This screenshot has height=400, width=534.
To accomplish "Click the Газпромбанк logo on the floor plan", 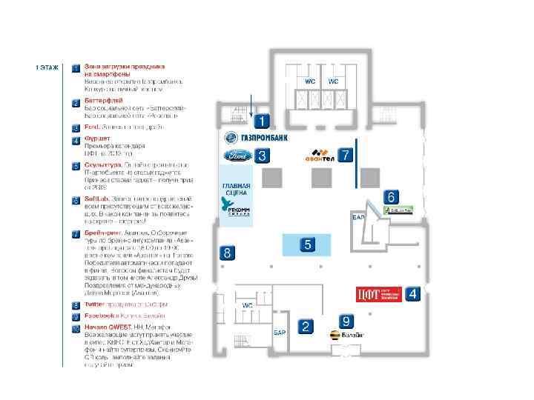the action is coord(256,138).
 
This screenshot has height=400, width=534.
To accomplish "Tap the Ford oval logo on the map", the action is coord(236,156).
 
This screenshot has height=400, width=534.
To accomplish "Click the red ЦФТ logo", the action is coord(378,294).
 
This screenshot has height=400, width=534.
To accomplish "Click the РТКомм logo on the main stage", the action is coord(237,210).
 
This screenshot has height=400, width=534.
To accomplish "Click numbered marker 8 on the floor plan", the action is coord(227,253).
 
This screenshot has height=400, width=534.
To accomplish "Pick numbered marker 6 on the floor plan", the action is coord(392,197).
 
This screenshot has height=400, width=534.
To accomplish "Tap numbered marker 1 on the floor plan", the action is coord(263,119).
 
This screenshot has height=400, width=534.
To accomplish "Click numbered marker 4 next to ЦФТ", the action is coord(412,293).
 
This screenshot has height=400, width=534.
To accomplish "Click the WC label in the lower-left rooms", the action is coord(248,305).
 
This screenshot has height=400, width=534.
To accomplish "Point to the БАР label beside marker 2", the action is coord(280,333).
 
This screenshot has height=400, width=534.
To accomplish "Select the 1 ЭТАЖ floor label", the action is coord(46,67).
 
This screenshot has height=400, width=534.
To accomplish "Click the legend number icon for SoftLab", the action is coord(76,200).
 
